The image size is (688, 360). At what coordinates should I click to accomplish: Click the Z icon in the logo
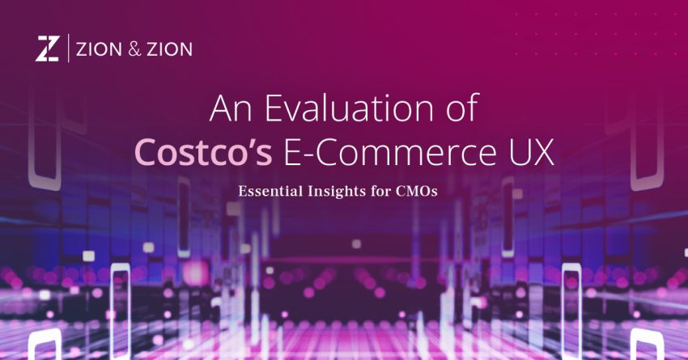pos(46,49)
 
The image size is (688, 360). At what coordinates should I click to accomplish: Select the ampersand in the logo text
pos(134,49)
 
